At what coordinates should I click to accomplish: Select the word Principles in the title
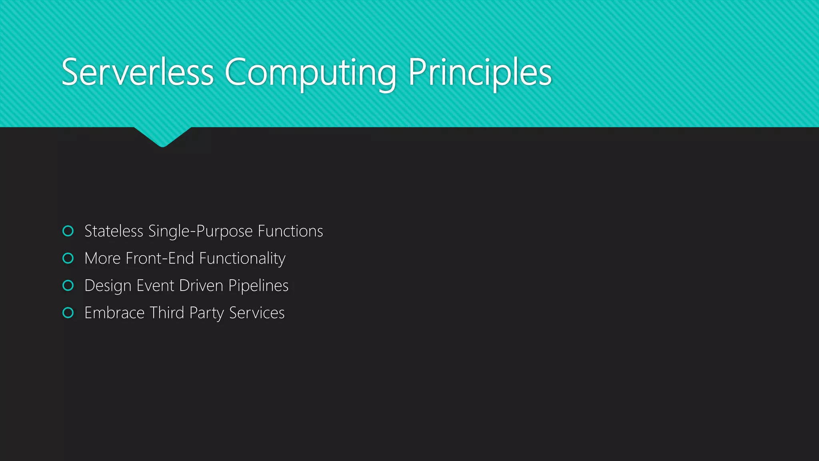tap(480, 73)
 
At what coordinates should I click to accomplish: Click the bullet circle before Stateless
tap(68, 231)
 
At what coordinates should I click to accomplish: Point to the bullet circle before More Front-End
tap(68, 258)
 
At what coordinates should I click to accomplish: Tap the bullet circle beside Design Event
tap(68, 285)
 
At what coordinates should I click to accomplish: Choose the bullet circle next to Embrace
tap(68, 313)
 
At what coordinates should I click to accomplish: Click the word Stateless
tap(114, 231)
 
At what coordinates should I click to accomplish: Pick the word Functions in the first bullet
tap(290, 231)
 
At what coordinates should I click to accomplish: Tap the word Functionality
tap(242, 259)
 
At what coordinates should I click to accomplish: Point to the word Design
tap(108, 286)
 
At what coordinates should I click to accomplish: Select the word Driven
tap(201, 285)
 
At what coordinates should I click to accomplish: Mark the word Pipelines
tap(258, 286)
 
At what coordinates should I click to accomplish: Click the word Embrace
tap(114, 313)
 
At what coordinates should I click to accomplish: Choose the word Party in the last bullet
tap(206, 313)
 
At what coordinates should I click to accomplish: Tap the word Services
tap(257, 313)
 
